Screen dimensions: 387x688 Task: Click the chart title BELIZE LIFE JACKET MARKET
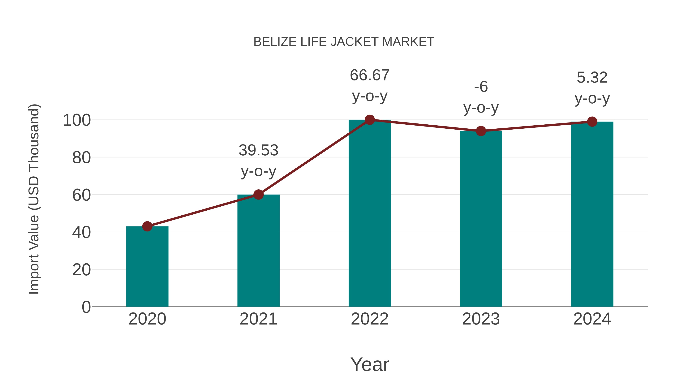coord(344,42)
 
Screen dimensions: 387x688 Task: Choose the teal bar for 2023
coord(481,219)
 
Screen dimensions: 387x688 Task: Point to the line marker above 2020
coord(147,226)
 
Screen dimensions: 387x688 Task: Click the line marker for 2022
coord(370,120)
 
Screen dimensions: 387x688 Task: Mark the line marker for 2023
coord(481,131)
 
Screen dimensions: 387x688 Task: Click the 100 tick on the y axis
coord(77,120)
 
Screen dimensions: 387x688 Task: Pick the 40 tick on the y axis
coord(81,232)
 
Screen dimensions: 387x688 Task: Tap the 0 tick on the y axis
coord(86,307)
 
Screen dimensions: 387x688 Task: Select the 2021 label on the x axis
coord(258,319)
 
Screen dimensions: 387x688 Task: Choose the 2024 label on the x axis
coord(592,319)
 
